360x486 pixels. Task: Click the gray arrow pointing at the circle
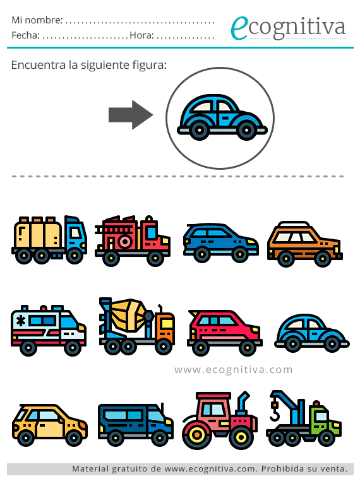coord(131,115)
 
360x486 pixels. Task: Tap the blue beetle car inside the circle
coord(222,117)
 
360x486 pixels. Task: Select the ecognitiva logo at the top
coord(288,28)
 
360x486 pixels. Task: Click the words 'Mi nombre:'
coord(37,20)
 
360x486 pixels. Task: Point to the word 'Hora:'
coord(141,35)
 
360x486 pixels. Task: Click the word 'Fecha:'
coord(25,35)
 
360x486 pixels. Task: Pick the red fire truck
coord(133,241)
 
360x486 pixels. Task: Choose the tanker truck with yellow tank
coord(49,240)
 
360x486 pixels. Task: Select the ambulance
coord(49,330)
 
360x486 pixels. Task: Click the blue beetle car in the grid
coord(312,333)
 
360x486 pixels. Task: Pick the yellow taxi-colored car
coord(50,425)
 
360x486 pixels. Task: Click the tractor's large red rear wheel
coord(196,434)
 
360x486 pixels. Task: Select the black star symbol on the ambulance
coord(21,321)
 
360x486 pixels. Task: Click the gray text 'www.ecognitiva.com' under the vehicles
coord(234,370)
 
